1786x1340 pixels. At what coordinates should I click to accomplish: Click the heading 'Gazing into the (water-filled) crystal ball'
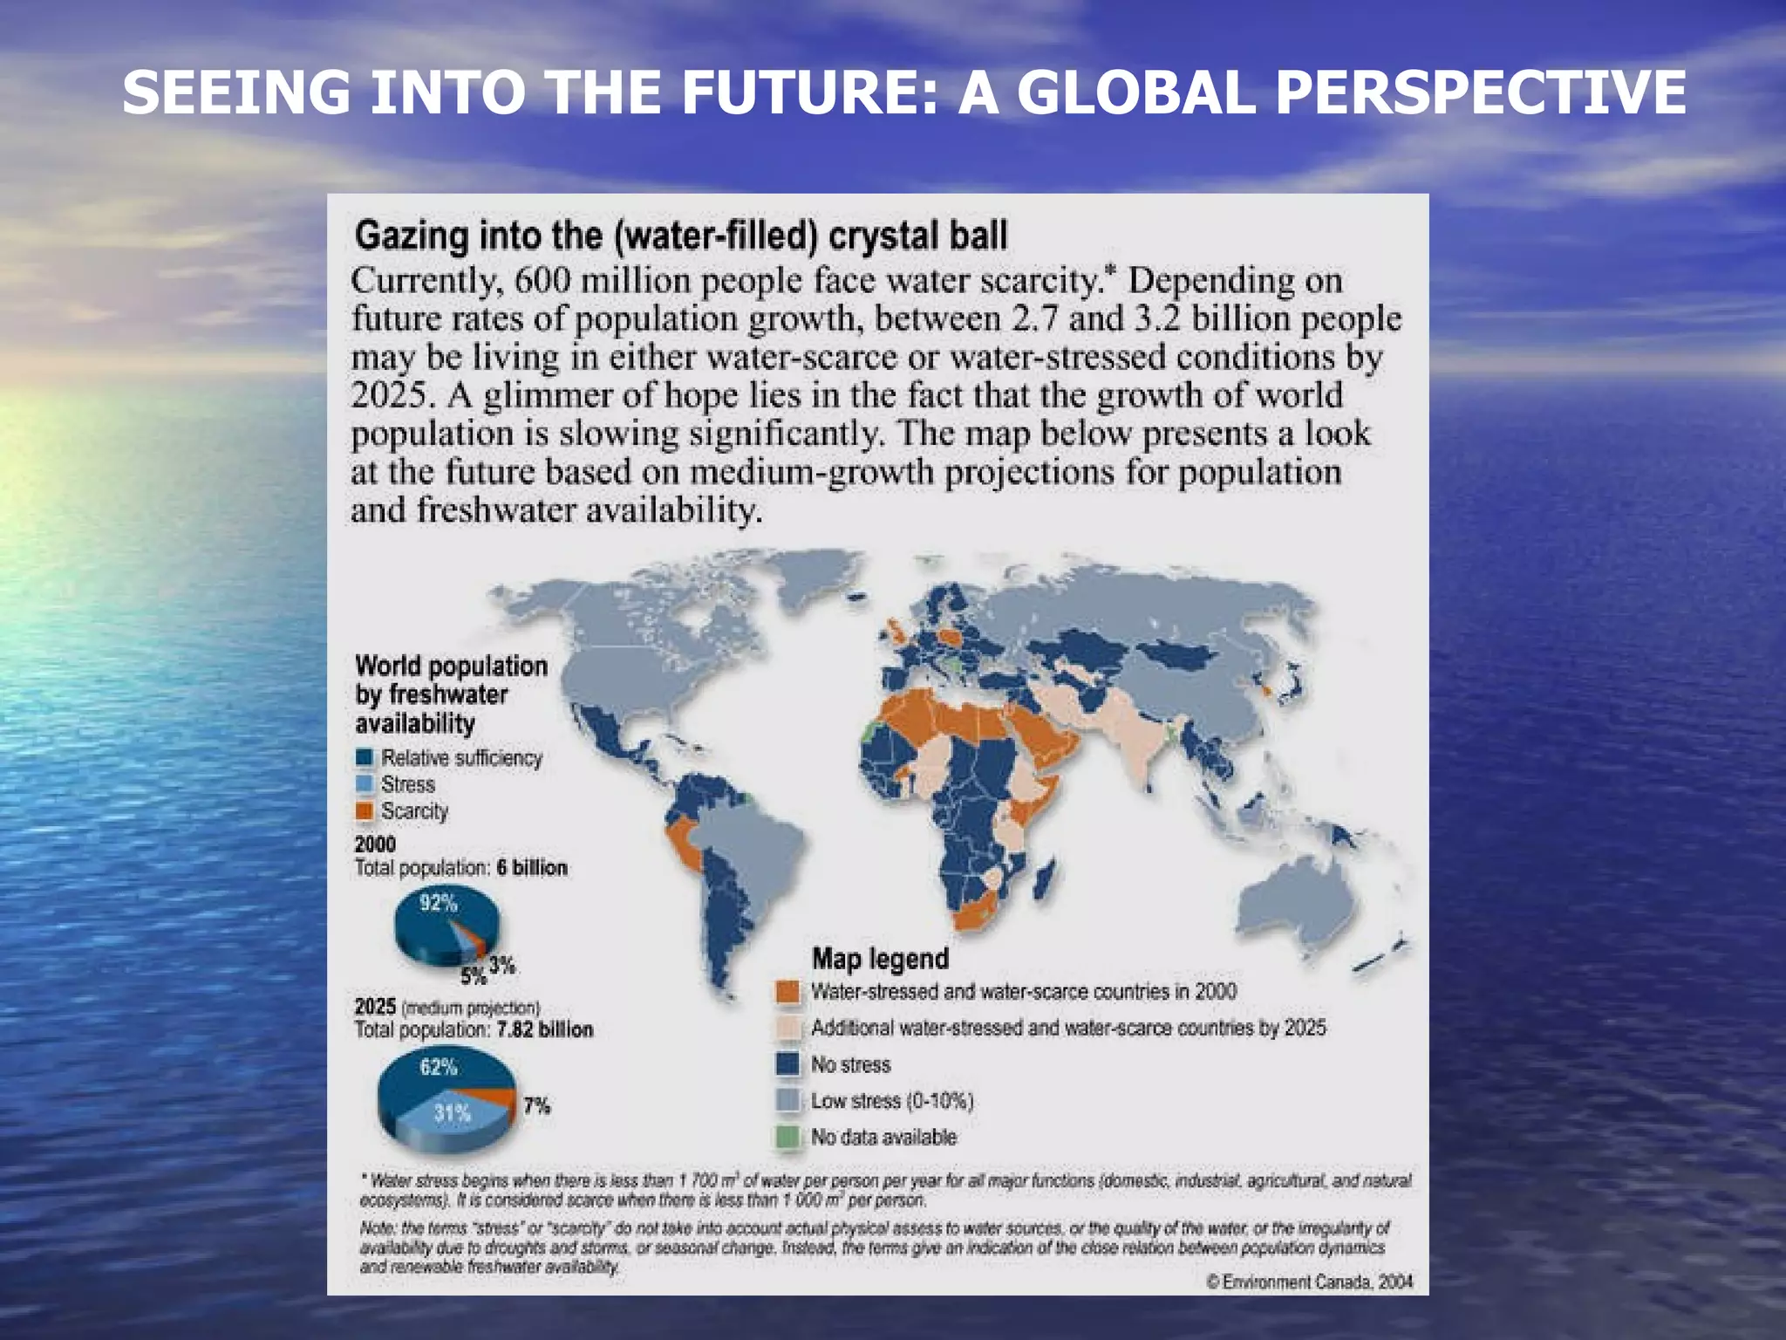(681, 236)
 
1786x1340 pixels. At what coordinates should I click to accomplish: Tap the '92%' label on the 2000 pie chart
(438, 903)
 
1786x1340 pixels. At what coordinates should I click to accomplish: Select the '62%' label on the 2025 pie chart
(438, 1067)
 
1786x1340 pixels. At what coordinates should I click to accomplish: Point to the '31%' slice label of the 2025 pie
(452, 1113)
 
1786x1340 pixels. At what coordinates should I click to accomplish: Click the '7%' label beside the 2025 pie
(537, 1106)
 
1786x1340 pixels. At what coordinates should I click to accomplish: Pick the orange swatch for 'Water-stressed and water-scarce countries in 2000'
(787, 992)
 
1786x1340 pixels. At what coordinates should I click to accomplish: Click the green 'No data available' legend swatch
(787, 1138)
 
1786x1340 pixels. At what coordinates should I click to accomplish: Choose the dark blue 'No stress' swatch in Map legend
(787, 1064)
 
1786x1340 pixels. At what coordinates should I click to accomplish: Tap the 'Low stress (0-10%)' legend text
(891, 1101)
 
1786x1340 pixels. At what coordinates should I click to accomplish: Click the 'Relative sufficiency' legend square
(365, 757)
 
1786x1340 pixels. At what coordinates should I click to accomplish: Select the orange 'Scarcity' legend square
(365, 811)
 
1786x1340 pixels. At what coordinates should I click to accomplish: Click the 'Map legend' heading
(880, 959)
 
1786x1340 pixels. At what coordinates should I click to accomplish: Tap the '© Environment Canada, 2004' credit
(1309, 1282)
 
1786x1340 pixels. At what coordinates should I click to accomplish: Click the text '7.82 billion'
(545, 1029)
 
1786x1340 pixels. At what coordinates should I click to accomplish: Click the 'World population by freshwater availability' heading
(451, 694)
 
